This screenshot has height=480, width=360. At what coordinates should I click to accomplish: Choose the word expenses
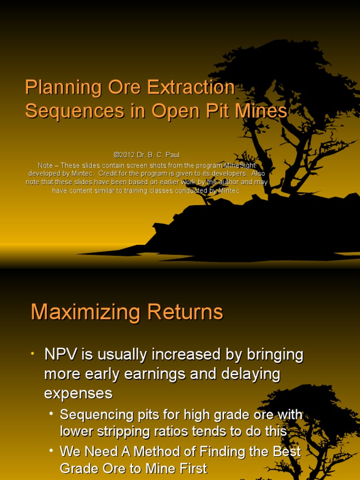tap(78, 394)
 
